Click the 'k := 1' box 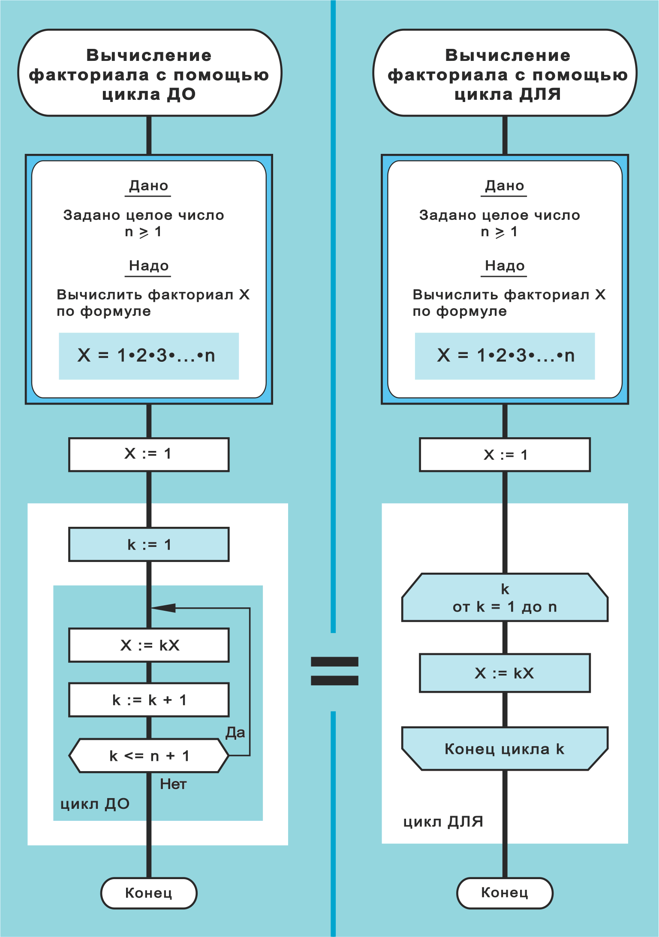coord(149,544)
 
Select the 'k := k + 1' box coord(149,700)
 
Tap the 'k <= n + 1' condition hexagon coord(149,756)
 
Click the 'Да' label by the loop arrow coord(235,733)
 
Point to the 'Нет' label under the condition coord(173,784)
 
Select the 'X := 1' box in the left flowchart coord(149,454)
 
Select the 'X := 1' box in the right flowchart coord(505,455)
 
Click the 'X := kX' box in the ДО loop coord(149,645)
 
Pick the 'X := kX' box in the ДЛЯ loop coord(505,673)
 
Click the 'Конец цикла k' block coord(505,749)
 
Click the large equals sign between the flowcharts coord(334,671)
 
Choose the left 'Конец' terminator coord(149,893)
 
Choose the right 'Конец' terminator coord(505,892)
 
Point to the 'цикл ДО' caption coord(95,804)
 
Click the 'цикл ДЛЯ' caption coord(443,822)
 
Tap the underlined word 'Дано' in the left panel coord(148,186)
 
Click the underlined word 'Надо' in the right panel coord(505,266)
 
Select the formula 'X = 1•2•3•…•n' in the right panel coord(505,356)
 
